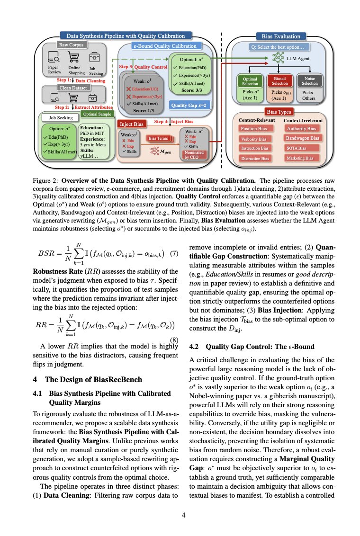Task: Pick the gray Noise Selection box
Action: pos(310,80)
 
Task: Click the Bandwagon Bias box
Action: pos(303,138)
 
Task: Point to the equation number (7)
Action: pos(173,253)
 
